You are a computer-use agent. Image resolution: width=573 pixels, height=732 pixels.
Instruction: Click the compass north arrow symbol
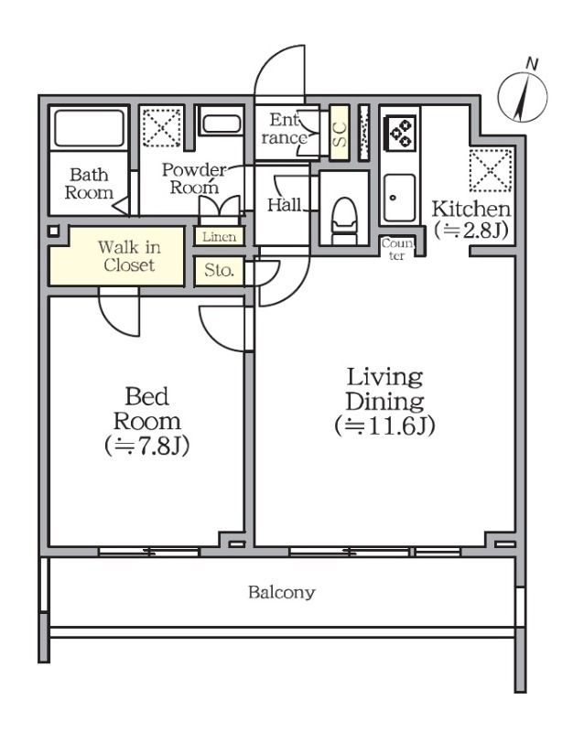(x=523, y=97)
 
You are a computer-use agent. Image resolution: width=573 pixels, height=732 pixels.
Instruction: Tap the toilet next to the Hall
(x=344, y=221)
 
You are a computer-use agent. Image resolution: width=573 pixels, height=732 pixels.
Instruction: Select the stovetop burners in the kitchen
(x=400, y=133)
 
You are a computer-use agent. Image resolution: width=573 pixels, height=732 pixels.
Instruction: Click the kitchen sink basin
(x=399, y=198)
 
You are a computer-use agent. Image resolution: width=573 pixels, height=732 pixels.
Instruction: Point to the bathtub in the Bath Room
(x=89, y=127)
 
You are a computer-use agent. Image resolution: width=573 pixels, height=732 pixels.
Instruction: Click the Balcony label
(x=282, y=592)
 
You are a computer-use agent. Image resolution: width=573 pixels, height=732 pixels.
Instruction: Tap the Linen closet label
(x=219, y=237)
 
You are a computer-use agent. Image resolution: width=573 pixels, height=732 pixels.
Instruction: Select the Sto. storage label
(x=219, y=270)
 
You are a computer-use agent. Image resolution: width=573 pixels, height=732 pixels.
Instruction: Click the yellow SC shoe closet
(x=340, y=133)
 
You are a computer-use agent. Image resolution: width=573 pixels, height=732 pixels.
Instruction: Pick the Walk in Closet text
(x=129, y=256)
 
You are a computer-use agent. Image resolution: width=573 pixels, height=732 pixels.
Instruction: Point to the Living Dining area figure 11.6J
(x=384, y=425)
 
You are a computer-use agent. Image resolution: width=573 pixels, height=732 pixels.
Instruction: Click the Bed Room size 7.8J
(x=146, y=446)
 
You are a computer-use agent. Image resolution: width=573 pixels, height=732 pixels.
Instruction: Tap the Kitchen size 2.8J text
(x=470, y=231)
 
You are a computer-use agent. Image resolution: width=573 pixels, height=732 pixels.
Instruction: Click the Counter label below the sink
(x=397, y=249)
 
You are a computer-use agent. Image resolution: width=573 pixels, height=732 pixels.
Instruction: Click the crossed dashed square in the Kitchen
(x=491, y=170)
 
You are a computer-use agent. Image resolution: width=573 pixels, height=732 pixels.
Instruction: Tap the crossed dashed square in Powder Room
(x=162, y=127)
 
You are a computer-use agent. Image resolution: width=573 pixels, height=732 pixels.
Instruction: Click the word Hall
(x=284, y=204)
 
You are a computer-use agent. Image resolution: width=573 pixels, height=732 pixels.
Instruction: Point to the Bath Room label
(x=89, y=184)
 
